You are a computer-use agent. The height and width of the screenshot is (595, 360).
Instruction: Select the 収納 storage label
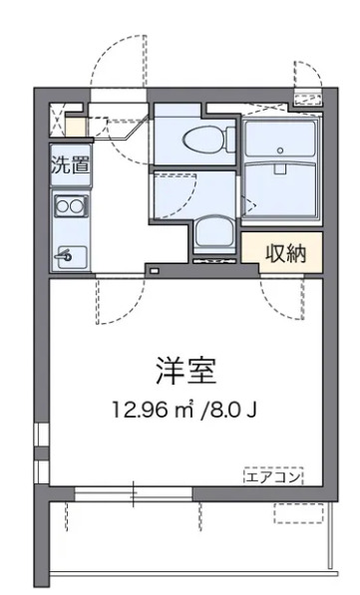pyautogui.click(x=284, y=254)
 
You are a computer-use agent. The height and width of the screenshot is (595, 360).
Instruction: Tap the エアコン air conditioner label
pyautogui.click(x=273, y=476)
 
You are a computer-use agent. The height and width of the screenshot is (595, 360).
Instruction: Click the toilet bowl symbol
pyautogui.click(x=199, y=139)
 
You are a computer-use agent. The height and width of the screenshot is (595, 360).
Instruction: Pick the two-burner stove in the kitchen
pyautogui.click(x=70, y=207)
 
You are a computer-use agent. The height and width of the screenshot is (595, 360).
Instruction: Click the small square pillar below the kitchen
pyautogui.click(x=154, y=270)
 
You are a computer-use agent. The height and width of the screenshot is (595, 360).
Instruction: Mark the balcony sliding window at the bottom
pyautogui.click(x=135, y=491)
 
